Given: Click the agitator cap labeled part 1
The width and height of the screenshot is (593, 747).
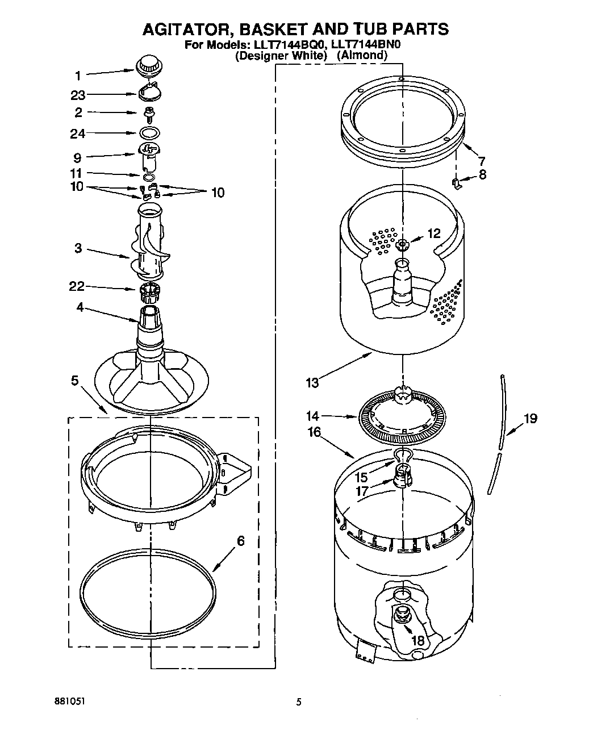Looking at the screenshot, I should [149, 64].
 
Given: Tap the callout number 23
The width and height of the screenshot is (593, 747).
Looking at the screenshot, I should [78, 95].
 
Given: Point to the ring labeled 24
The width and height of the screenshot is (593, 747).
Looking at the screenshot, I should [149, 133].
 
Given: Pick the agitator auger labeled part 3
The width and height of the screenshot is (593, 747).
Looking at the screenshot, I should [149, 244].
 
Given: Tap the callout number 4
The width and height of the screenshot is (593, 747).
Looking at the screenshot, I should [80, 307].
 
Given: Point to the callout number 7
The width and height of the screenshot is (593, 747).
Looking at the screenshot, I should [482, 161].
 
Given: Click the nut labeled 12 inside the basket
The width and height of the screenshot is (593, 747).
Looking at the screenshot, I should [403, 245].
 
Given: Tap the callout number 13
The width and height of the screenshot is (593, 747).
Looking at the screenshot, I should [312, 382].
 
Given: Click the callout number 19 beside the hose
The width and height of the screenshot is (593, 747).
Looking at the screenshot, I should [530, 419].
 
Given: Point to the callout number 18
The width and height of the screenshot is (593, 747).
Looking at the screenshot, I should [417, 640].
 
